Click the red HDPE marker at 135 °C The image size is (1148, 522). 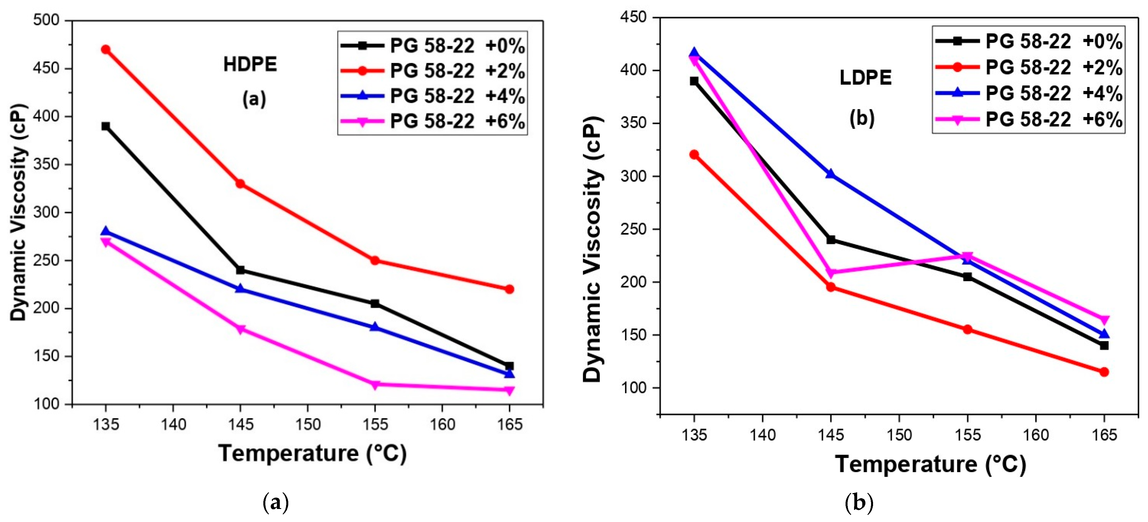tap(106, 49)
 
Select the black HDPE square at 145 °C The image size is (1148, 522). tap(240, 270)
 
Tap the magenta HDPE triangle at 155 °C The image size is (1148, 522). tap(375, 384)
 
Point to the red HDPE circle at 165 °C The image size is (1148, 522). tap(509, 289)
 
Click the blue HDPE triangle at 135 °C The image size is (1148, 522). tap(106, 231)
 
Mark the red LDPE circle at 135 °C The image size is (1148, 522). tap(694, 154)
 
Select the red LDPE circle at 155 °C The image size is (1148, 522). tap(967, 330)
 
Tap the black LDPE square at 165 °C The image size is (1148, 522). tap(1104, 346)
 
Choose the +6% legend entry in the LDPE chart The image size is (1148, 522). tap(1028, 119)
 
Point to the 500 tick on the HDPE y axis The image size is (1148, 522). tap(47, 20)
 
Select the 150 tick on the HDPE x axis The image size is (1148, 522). tap(308, 425)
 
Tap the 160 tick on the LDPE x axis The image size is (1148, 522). tap(1035, 434)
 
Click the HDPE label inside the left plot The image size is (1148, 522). tap(250, 65)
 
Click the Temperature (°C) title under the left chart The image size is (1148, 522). tap(312, 453)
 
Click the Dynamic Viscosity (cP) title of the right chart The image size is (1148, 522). tap(593, 249)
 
